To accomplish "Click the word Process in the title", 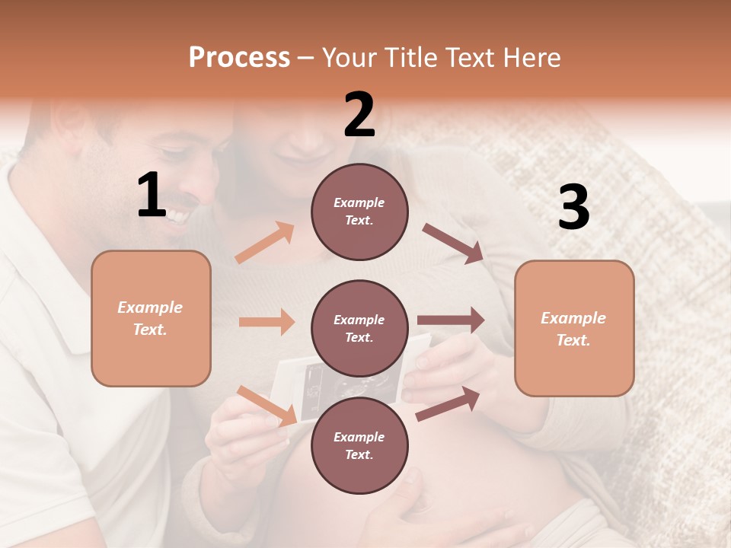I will tap(239, 58).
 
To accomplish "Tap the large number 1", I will tap(152, 196).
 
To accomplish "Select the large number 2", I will tap(359, 115).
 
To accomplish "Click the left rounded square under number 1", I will tap(151, 318).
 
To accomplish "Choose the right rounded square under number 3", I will tap(574, 328).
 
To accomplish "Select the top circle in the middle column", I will tap(359, 212).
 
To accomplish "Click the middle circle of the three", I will tap(359, 328).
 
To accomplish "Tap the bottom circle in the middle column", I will tap(359, 445).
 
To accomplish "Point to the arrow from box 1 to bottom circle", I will tap(267, 406).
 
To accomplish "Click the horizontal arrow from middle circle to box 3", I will tap(451, 320).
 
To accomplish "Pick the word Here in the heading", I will tap(530, 58).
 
